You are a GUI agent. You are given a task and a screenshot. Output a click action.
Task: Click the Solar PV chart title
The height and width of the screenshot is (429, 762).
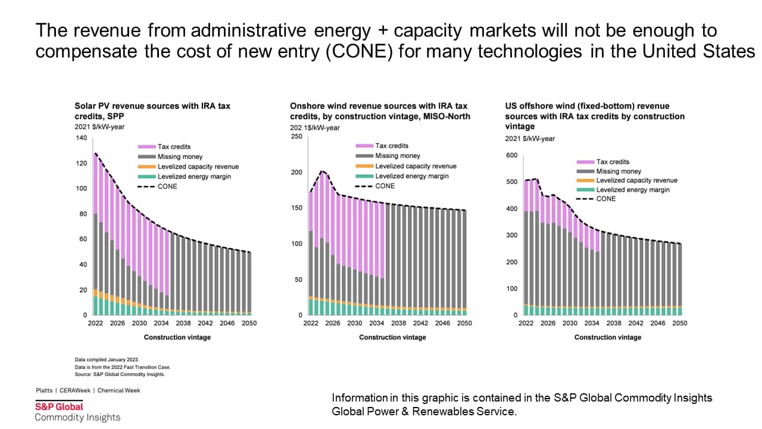point(152,111)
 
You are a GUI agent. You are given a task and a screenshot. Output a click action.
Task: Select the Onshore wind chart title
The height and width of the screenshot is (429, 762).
point(380,111)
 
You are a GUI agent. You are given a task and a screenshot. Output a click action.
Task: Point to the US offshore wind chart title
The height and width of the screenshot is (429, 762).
point(595,116)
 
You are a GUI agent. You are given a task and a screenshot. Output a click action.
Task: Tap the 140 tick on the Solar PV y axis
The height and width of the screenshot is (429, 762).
point(81,138)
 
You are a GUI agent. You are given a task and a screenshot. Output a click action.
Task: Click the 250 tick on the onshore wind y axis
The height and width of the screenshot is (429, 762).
point(296,136)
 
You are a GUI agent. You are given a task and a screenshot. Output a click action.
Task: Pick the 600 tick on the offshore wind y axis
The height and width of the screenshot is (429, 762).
point(511,156)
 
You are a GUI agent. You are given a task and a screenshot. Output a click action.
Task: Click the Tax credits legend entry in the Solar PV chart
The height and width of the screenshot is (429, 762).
point(174,147)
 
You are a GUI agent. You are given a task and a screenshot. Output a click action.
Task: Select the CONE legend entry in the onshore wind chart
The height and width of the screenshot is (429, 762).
point(385,186)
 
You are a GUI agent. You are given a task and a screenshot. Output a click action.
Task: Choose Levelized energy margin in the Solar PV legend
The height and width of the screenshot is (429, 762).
point(194,176)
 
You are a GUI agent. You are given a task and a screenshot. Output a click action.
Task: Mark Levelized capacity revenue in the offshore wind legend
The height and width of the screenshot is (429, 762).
point(636,181)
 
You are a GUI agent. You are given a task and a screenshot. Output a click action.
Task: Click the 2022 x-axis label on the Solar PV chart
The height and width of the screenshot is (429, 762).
point(95,324)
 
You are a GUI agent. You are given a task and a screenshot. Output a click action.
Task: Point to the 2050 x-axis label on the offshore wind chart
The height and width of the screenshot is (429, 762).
point(679,324)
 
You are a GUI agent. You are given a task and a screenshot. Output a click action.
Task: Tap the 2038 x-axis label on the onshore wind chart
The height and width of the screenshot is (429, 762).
point(398,324)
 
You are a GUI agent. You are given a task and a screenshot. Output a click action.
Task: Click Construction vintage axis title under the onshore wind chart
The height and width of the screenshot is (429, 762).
point(392,337)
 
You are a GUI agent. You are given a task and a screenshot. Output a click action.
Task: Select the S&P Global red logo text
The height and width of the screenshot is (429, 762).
point(59,406)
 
